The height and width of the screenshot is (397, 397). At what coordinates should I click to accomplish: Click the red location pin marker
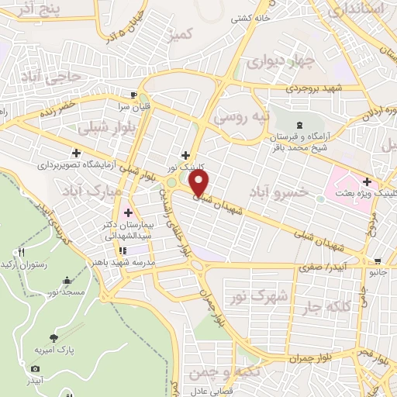(200, 182)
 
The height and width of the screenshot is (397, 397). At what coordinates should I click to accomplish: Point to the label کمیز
(182, 34)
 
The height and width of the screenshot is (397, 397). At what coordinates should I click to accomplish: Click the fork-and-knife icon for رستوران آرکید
(22, 252)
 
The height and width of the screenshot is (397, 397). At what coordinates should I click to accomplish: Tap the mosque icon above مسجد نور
(67, 279)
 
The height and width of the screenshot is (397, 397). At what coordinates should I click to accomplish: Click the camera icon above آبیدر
(35, 369)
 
